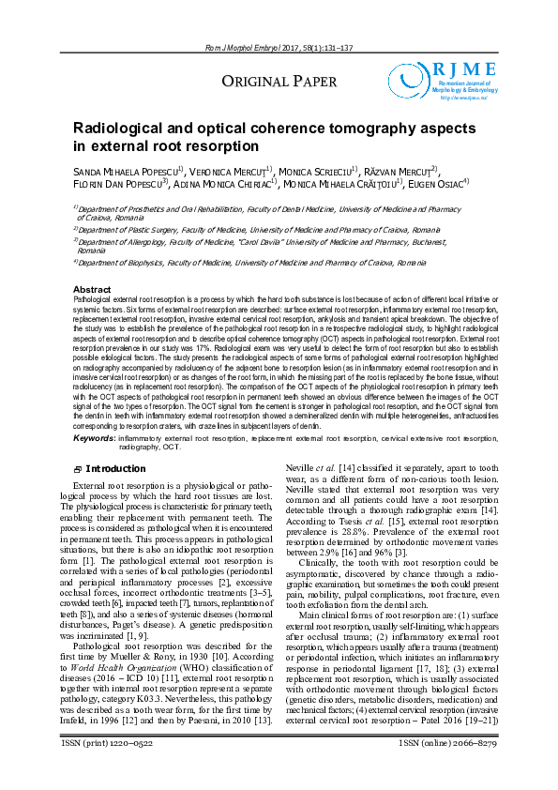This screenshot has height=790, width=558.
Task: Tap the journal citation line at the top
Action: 279,49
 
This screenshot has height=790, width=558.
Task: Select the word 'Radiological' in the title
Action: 127,128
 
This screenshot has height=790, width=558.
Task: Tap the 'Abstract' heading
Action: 92,289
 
